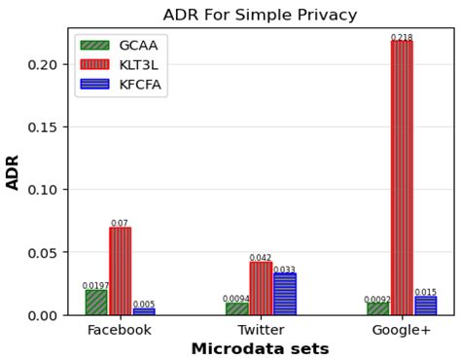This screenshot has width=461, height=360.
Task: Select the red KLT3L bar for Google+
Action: coord(402,177)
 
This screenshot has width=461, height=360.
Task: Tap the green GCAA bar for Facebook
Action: coord(96,303)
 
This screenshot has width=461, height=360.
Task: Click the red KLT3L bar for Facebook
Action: coord(120,271)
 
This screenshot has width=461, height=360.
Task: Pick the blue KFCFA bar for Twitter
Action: coord(284,295)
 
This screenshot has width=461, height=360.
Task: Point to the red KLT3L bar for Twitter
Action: coord(261,289)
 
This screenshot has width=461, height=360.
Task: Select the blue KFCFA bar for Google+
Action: coord(425,306)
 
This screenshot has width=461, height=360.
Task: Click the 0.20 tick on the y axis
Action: coord(43,64)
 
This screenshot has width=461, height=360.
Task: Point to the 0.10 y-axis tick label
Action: coord(43,190)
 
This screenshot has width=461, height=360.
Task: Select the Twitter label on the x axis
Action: coord(261,330)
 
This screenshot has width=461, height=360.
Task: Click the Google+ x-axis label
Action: coord(402,330)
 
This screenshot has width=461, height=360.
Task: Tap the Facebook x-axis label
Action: coord(120,330)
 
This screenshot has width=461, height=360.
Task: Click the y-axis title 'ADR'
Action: coord(13,171)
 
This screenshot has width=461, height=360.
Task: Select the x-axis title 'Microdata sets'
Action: coord(260,349)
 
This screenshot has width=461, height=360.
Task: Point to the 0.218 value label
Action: coord(402,38)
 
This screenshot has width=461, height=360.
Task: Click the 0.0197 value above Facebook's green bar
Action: coord(95,285)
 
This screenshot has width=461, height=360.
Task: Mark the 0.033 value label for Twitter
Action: coord(284,270)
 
